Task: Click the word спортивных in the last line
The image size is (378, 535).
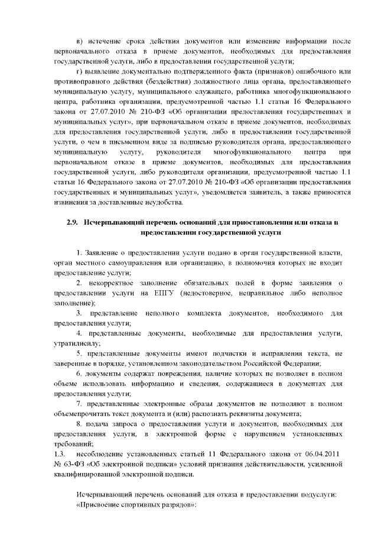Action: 143,507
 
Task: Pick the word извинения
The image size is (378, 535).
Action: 74,203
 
